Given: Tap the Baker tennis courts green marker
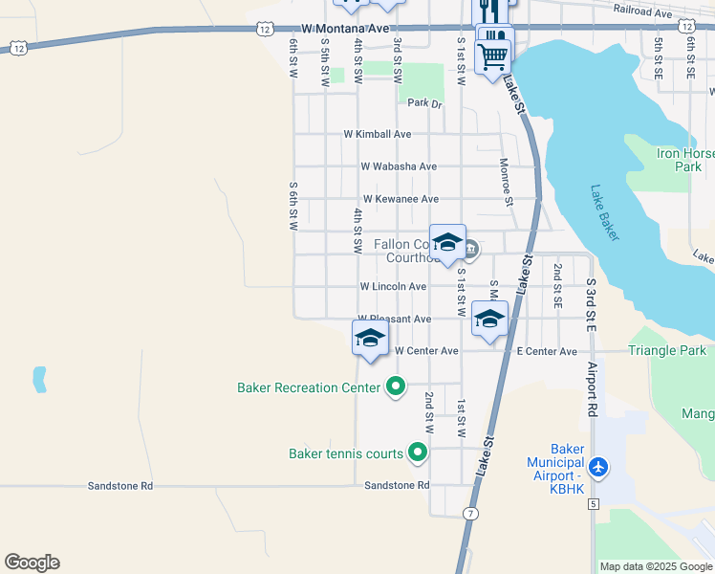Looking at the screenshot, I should [x=417, y=453].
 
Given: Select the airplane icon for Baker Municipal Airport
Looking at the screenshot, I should [x=598, y=468].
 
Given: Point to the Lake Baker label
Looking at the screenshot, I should [x=606, y=212].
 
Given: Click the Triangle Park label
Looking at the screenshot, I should [x=666, y=351].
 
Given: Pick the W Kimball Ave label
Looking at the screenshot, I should [x=377, y=135].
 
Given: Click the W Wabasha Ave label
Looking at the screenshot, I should [x=399, y=166].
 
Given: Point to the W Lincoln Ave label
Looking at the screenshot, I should [x=393, y=287].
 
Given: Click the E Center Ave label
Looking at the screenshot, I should [x=547, y=352].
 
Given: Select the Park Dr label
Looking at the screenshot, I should [x=424, y=103].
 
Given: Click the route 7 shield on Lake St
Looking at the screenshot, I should [x=470, y=514].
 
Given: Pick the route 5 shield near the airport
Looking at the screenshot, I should [x=594, y=503].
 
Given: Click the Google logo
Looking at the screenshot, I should [x=32, y=563].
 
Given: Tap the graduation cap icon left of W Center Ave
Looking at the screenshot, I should [x=371, y=338].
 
